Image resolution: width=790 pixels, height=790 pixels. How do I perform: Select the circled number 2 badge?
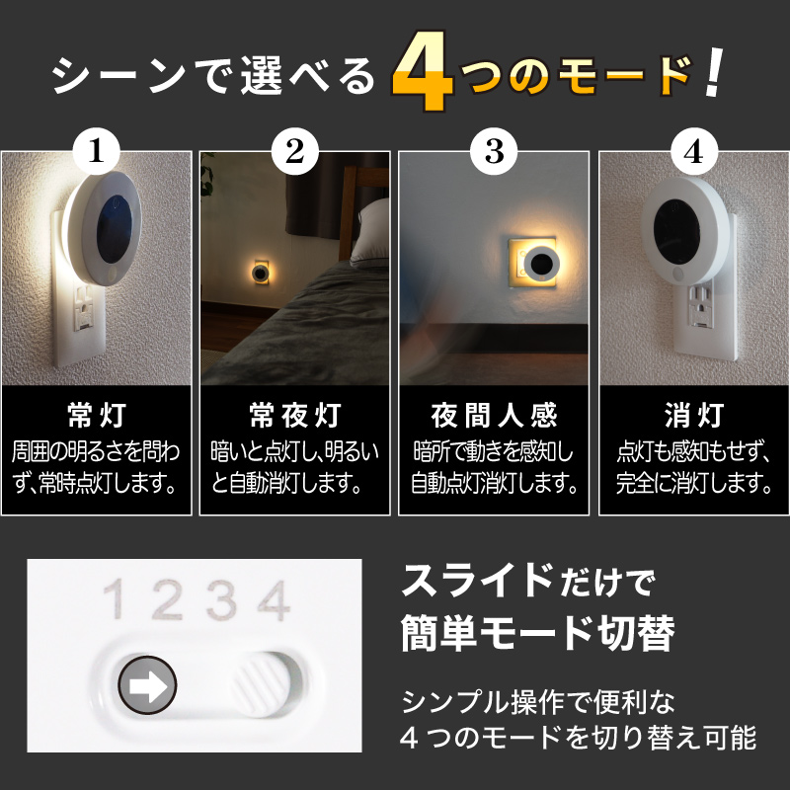pos(294,152)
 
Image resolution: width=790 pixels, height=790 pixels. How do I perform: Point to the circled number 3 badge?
pos(494,152)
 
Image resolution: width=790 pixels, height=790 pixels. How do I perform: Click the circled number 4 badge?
pos(692,152)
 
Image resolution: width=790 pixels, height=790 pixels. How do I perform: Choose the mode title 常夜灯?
pos(294,411)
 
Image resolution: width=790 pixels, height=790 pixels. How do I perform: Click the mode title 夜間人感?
pos(494,411)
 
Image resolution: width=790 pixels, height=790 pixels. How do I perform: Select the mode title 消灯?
pos(692,411)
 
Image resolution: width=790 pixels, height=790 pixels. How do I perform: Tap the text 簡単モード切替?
pos(538,632)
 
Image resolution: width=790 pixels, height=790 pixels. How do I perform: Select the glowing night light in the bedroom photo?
pos(259,270)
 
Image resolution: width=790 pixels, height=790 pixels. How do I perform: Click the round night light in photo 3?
pos(539,261)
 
